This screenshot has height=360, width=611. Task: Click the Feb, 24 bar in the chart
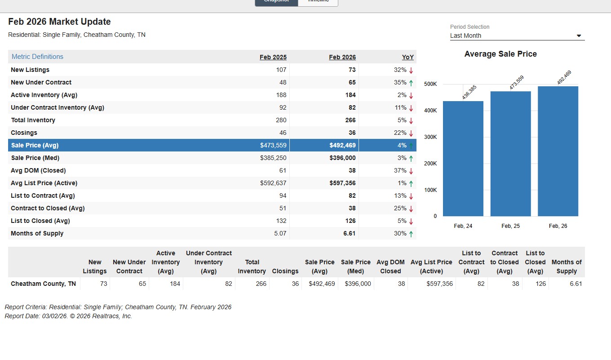click(463, 159)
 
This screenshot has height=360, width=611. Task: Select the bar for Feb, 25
click(510, 154)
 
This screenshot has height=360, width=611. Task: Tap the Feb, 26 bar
click(558, 151)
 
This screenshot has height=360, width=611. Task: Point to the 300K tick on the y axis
click(430, 137)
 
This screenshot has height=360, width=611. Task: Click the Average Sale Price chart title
click(500, 54)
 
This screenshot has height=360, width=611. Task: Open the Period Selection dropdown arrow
click(579, 36)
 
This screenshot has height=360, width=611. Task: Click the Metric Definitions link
click(37, 57)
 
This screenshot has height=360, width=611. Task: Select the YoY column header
click(407, 57)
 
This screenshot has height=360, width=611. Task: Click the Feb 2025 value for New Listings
click(281, 70)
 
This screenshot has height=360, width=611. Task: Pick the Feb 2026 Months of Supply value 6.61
click(349, 233)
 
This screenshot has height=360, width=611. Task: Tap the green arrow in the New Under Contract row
click(411, 83)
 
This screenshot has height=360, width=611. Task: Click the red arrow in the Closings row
click(411, 133)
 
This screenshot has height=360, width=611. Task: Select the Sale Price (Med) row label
click(35, 158)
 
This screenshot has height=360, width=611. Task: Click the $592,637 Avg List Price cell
click(273, 183)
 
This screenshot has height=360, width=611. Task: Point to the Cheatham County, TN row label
click(43, 284)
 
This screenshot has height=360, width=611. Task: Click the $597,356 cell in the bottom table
click(438, 284)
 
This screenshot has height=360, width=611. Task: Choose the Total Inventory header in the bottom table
click(252, 267)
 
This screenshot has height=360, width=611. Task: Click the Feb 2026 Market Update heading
click(59, 22)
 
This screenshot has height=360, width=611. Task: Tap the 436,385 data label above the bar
click(469, 92)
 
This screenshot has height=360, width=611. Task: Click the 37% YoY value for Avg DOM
click(400, 170)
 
